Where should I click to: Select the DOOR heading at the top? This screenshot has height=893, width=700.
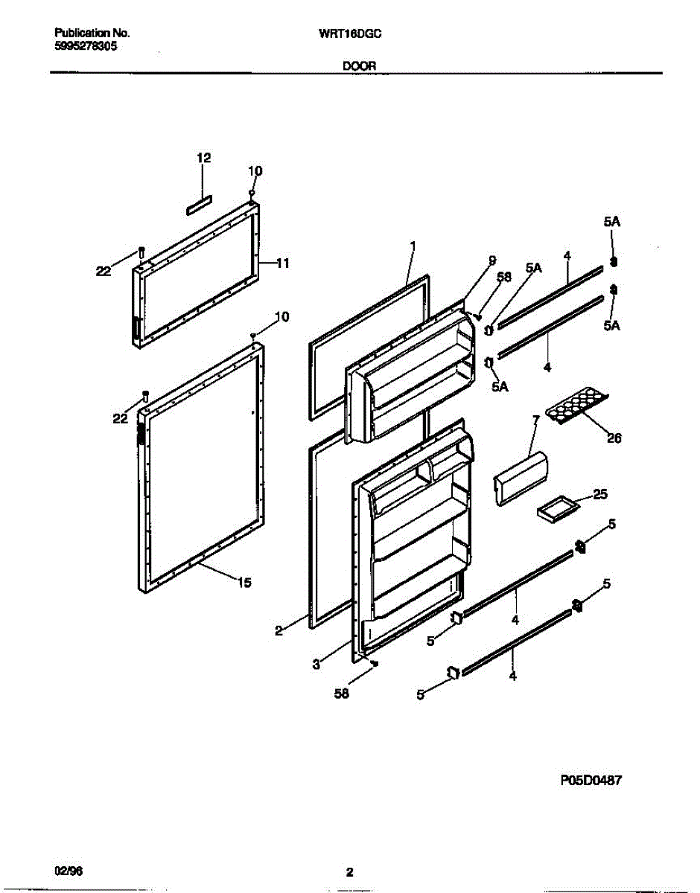coord(359,65)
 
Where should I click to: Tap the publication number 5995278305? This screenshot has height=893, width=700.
coord(85,45)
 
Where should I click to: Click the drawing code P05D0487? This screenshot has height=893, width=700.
coord(591,781)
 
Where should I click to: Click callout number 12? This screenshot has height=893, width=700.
coord(203,158)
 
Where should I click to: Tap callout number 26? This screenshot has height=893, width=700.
coord(614,438)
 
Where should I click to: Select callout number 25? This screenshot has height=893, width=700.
coord(600,493)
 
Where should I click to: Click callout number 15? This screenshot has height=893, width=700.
coord(244,583)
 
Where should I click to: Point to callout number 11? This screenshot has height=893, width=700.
coord(283,263)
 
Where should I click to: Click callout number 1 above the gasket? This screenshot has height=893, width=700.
coord(413,245)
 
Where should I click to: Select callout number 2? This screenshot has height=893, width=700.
coord(279,630)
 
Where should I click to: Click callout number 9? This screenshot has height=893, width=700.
coord(491,260)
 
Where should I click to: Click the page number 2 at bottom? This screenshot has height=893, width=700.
coord(349,872)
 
